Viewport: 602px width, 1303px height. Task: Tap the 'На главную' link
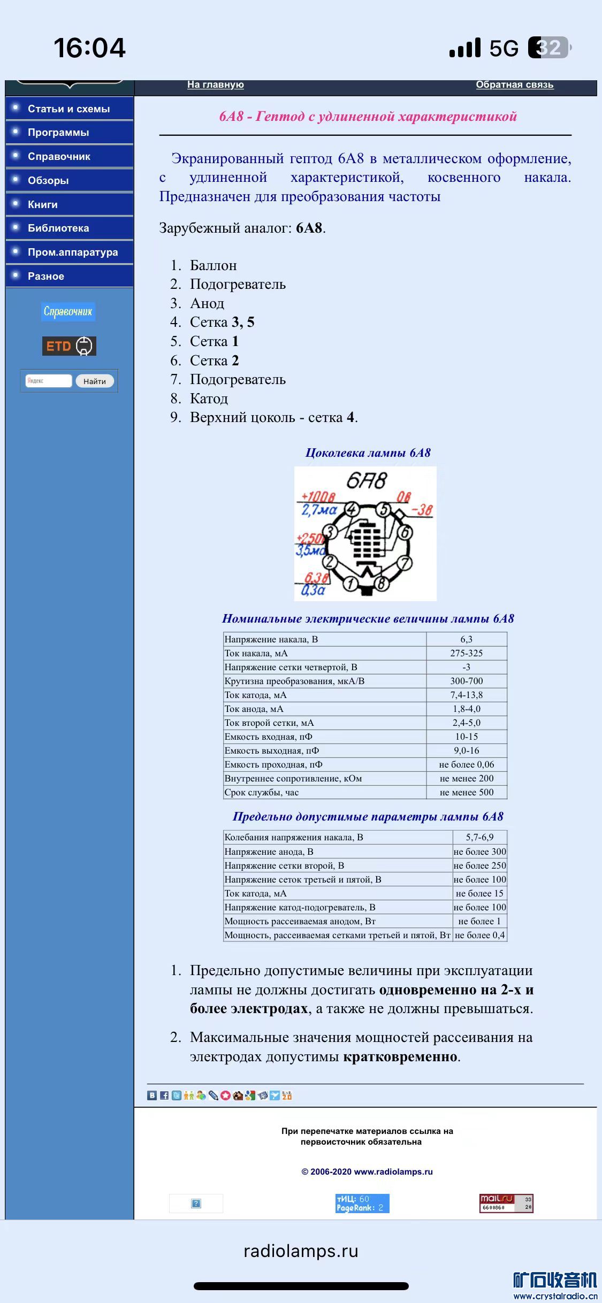click(215, 85)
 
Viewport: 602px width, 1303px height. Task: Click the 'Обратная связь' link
click(514, 85)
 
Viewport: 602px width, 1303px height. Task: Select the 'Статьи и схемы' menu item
click(68, 109)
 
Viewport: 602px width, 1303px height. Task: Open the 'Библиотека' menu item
click(58, 228)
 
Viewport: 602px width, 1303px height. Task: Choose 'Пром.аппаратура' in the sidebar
click(72, 252)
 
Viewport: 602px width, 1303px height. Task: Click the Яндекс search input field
click(48, 381)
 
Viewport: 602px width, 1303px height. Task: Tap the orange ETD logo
click(69, 346)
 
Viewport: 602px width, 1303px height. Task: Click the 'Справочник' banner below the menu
click(68, 311)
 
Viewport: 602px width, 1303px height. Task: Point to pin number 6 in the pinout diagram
click(405, 532)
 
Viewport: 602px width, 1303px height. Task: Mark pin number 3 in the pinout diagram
click(330, 532)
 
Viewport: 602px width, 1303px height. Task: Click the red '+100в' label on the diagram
click(318, 497)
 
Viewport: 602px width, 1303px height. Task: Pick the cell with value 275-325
click(466, 653)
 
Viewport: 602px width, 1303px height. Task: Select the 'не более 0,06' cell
click(466, 764)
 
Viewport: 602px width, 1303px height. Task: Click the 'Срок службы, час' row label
click(262, 792)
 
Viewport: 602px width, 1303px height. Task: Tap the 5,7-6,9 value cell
click(479, 837)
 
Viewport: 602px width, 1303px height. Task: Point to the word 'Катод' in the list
click(209, 398)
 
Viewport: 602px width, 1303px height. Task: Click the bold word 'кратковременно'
click(400, 1056)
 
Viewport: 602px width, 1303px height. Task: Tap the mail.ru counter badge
click(506, 1204)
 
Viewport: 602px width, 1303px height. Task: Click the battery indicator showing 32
click(549, 48)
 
